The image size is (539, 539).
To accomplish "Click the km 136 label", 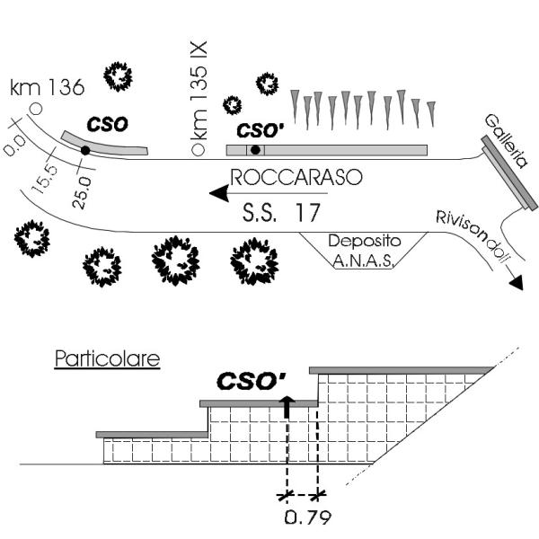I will [47, 87].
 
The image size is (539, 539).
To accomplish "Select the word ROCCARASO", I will [296, 177].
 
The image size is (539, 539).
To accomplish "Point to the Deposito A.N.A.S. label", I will [362, 251].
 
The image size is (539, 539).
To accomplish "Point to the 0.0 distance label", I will [16, 145].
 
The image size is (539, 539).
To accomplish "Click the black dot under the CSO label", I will [84, 150].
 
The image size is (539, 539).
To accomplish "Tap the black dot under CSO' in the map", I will [256, 149].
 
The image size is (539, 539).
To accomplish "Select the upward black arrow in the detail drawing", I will [287, 406].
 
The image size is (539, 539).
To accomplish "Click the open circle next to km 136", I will [35, 109].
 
